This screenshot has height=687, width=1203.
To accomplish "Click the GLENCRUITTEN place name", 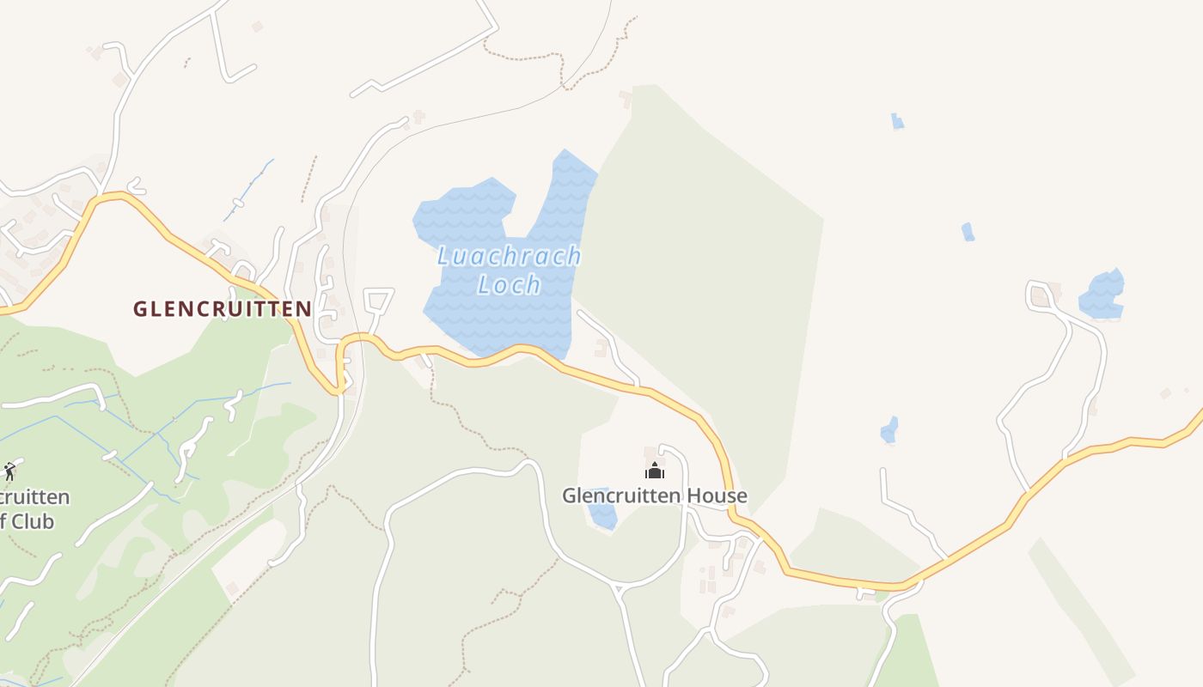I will (222, 309).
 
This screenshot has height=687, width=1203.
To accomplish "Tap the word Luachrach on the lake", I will (509, 256).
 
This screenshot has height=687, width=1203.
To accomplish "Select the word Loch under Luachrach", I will (509, 284).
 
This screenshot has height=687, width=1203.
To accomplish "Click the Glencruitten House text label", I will (655, 495).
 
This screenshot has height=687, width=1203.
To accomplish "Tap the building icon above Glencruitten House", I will (655, 471).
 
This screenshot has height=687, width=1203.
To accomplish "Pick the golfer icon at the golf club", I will (9, 471).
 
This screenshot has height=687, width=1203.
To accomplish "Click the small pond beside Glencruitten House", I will (602, 509).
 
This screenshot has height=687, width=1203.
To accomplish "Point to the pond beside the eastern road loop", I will (1102, 294).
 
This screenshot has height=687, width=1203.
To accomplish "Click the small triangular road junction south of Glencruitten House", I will (617, 589).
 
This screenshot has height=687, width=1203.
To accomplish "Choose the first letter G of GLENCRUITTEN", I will (140, 309).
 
